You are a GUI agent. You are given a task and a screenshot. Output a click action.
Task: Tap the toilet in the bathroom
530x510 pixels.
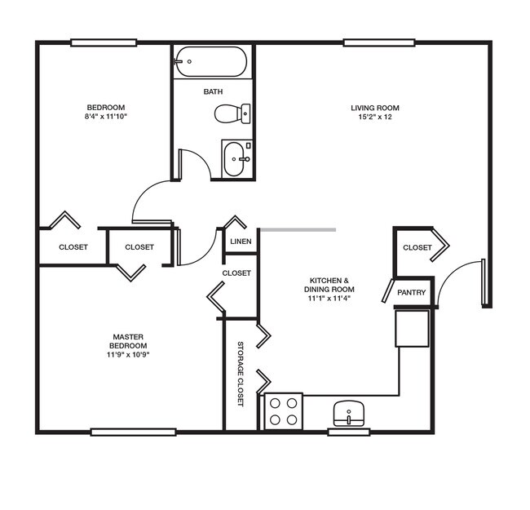tap(232, 113)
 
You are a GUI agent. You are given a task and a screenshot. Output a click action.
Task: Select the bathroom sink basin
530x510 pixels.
tap(234, 159)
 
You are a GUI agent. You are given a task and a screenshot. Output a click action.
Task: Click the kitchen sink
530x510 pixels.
tap(349, 413)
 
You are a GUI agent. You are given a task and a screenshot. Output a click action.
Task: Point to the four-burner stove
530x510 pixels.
tap(283, 411)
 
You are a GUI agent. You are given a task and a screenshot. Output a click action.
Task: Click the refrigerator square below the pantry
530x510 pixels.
tap(412, 328)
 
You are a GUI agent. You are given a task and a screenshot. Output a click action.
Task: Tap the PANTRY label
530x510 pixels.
tap(411, 292)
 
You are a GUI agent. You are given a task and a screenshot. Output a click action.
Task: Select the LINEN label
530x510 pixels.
tap(241, 242)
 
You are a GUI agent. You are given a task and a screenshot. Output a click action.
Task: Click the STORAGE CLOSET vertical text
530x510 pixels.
tap(241, 374)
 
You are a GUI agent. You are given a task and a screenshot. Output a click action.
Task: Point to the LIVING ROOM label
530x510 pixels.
tap(375, 108)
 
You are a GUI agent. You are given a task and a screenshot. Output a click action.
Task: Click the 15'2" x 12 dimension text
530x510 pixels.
tap(375, 117)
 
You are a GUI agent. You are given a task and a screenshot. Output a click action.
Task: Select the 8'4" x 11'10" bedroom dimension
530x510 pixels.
tap(106, 117)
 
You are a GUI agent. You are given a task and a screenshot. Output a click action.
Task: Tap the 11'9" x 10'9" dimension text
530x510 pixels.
tap(128, 354)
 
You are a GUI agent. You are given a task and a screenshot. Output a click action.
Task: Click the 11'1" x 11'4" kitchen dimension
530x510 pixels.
tap(329, 299)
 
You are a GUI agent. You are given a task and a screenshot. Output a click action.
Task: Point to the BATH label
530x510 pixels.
tap(213, 91)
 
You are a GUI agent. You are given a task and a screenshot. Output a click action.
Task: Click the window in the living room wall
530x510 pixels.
tap(379, 42)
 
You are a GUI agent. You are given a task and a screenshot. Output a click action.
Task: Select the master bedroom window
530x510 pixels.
tap(134, 432)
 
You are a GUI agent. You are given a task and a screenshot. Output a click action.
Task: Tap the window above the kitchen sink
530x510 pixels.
tap(349, 432)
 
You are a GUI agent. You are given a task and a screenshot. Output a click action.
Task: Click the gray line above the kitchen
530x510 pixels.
tap(298, 230)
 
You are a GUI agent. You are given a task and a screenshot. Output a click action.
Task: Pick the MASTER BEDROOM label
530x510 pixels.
tap(128, 341)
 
